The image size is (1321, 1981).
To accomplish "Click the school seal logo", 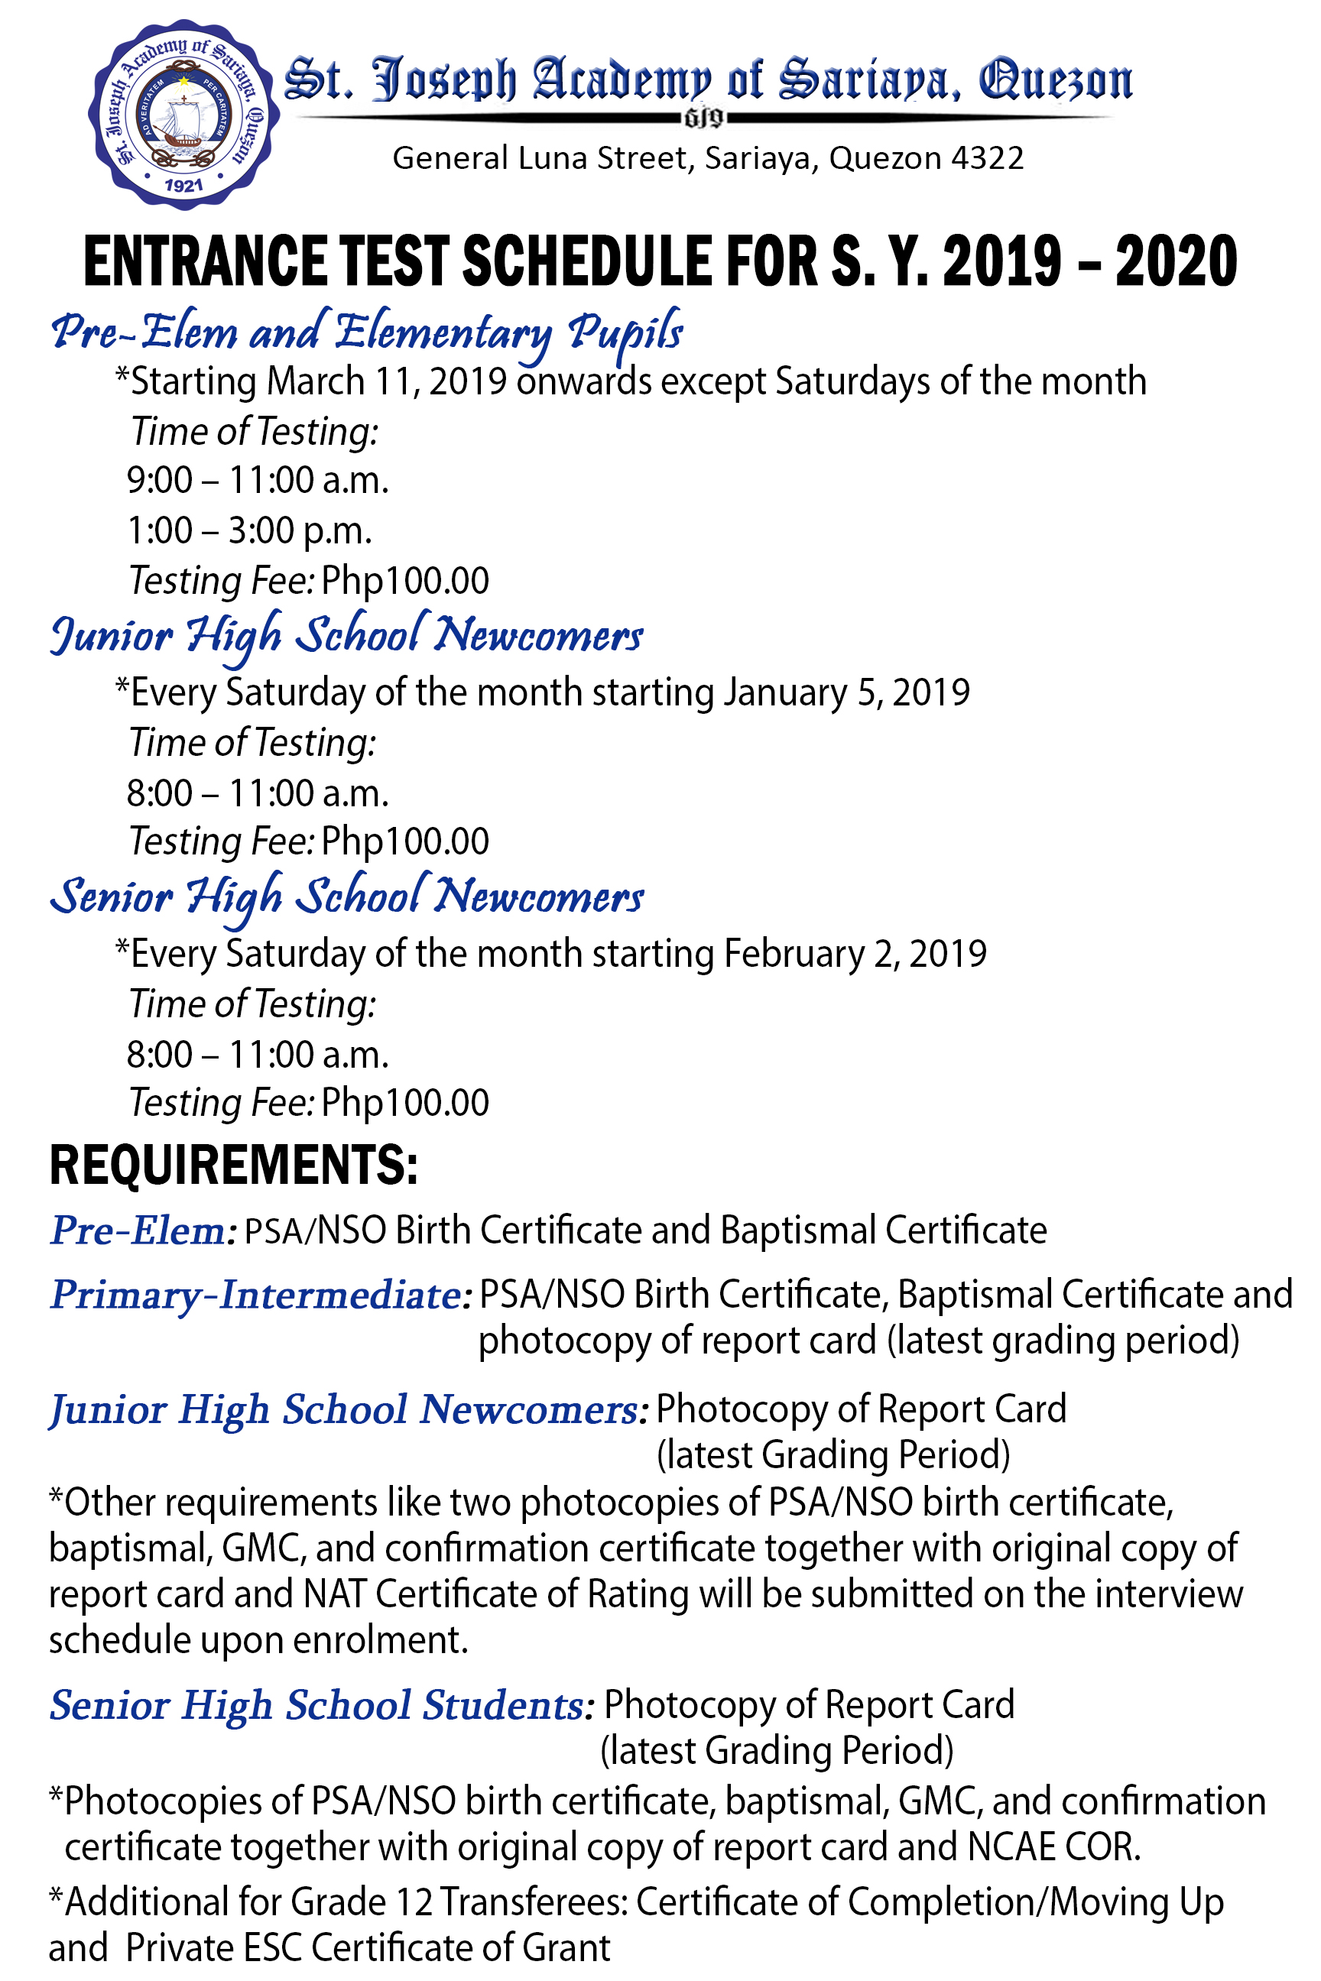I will tap(183, 114).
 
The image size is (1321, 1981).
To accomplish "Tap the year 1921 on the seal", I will tap(183, 185).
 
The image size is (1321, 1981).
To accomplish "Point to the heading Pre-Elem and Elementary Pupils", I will tap(366, 332).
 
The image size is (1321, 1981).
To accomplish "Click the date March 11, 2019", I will tap(387, 381).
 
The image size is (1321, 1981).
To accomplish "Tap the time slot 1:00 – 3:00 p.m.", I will tap(249, 530).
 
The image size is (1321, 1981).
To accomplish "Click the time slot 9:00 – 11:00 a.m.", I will tap(258, 480).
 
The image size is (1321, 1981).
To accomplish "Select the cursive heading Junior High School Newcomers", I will tap(346, 636).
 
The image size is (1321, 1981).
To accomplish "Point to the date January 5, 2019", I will tap(847, 692).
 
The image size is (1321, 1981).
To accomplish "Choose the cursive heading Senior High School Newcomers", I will tap(346, 897).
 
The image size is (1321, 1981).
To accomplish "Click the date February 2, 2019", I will tap(855, 954).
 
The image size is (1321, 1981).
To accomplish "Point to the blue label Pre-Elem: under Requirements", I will tap(142, 1230).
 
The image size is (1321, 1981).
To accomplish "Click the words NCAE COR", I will tap(1053, 1847).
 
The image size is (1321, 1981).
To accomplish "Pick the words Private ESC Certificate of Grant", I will tap(368, 1948).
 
